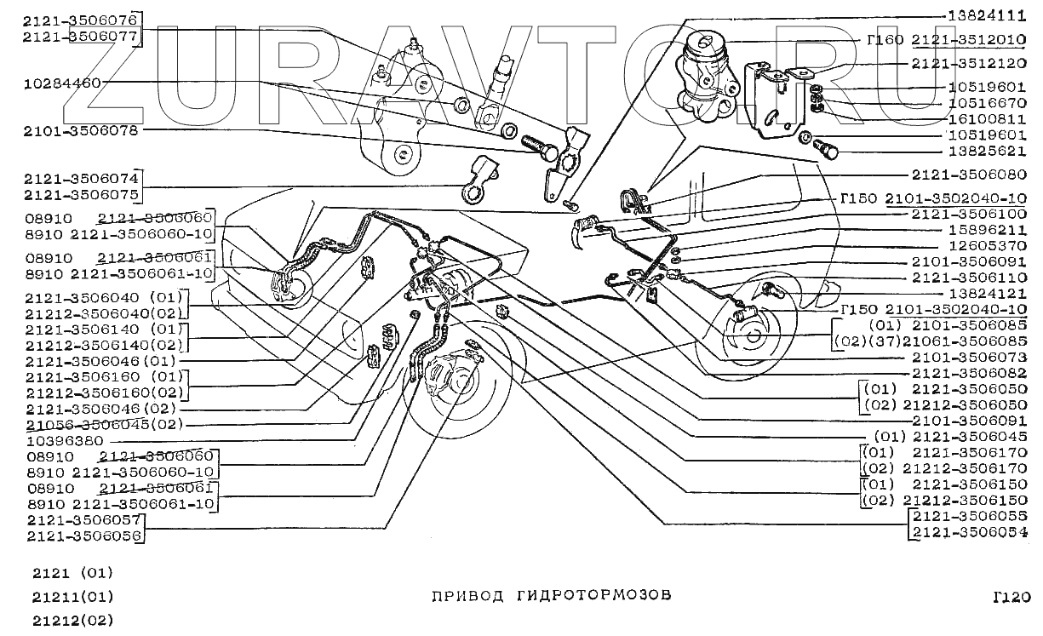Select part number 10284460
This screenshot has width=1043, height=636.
(x=63, y=83)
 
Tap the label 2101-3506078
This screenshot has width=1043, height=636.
(x=81, y=131)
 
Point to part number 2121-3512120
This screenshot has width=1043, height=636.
(x=969, y=63)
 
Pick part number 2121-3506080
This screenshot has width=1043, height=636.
(x=969, y=175)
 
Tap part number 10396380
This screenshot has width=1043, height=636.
(x=64, y=441)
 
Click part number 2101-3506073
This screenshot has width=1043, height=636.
(x=969, y=358)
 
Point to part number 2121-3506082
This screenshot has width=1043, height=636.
(x=969, y=374)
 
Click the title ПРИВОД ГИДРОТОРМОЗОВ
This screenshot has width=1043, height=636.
(x=552, y=595)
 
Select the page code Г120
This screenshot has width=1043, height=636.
(x=1011, y=598)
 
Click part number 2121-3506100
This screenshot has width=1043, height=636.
(x=969, y=215)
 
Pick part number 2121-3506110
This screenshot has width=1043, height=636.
(x=969, y=278)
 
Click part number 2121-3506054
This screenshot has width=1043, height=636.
(x=969, y=533)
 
